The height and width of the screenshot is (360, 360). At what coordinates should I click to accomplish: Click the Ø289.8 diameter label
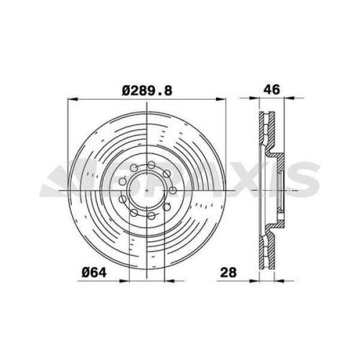(147, 91)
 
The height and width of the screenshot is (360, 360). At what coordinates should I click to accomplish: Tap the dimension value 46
(272, 89)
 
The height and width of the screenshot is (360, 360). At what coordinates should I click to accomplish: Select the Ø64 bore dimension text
(94, 273)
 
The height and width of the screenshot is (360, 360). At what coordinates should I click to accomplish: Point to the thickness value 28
(228, 272)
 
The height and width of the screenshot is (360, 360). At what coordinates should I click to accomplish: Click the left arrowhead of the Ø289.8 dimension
(73, 99)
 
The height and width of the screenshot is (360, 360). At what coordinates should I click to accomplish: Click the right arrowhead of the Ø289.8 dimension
(221, 99)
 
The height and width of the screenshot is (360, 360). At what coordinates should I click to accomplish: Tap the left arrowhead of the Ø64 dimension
(124, 281)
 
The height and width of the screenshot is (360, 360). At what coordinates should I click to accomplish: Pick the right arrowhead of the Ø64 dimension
(170, 281)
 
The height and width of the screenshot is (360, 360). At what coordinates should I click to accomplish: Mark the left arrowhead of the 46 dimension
(254, 98)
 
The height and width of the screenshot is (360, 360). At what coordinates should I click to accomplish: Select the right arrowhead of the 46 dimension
(289, 98)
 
